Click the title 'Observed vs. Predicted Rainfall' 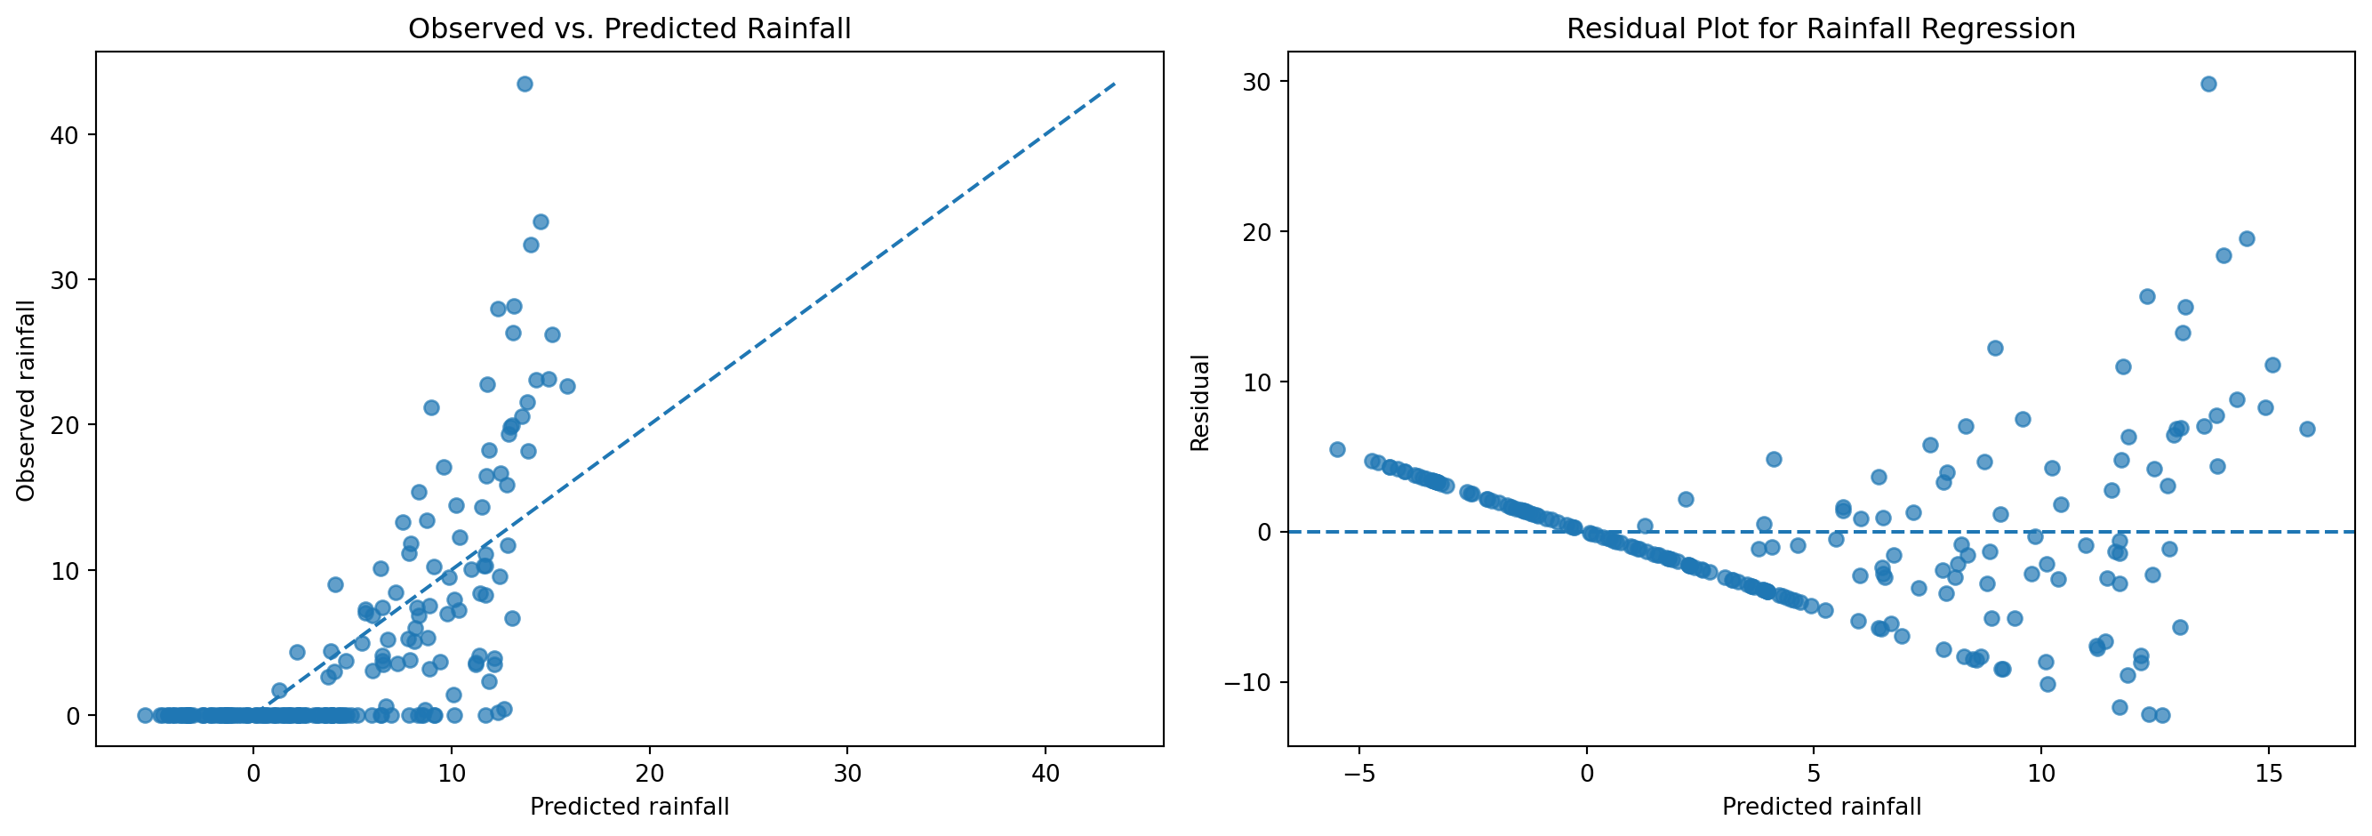click(629, 28)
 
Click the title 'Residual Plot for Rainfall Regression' click(1821, 28)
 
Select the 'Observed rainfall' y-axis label click(26, 400)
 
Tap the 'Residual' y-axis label click(1200, 402)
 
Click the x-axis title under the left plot click(629, 807)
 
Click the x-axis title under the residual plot click(1822, 807)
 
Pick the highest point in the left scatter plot click(525, 84)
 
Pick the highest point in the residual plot click(2208, 84)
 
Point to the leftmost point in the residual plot click(1337, 449)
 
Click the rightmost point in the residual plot click(2306, 429)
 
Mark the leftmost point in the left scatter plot click(145, 715)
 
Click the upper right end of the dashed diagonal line click(1115, 84)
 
